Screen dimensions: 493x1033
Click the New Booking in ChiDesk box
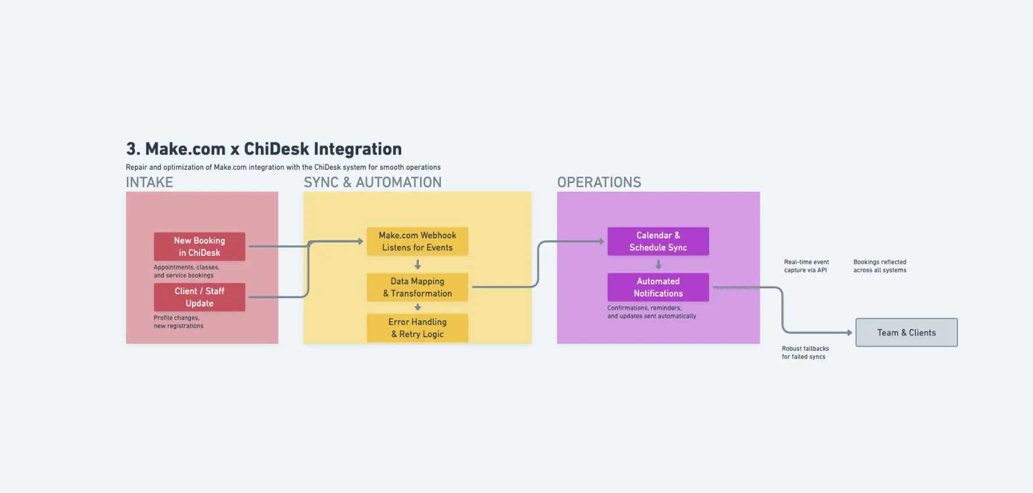pyautogui.click(x=199, y=246)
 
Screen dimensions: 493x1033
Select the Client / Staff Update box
pyautogui.click(x=199, y=297)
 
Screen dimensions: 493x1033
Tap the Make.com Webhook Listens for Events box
pyautogui.click(x=417, y=241)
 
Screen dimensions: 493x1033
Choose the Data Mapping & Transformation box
pyautogui.click(x=417, y=287)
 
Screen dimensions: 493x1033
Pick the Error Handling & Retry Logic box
pyautogui.click(x=417, y=328)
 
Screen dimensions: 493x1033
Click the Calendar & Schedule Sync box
pyautogui.click(x=658, y=241)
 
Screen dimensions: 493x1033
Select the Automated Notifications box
pyautogui.click(x=658, y=287)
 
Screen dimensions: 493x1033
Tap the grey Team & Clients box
pyautogui.click(x=906, y=333)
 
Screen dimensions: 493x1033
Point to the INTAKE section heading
pyautogui.click(x=149, y=183)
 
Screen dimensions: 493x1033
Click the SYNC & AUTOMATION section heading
pyautogui.click(x=372, y=183)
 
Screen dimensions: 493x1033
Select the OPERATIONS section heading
pyautogui.click(x=599, y=183)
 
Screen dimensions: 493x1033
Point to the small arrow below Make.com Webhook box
pyautogui.click(x=418, y=265)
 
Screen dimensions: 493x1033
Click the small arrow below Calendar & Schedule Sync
pyautogui.click(x=658, y=265)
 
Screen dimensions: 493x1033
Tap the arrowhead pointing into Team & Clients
pyautogui.click(x=849, y=333)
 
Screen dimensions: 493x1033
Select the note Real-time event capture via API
pyautogui.click(x=806, y=266)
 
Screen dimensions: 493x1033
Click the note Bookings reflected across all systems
pyautogui.click(x=879, y=266)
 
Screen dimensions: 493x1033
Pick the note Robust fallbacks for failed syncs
pyautogui.click(x=805, y=353)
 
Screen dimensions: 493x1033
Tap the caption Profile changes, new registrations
pyautogui.click(x=178, y=322)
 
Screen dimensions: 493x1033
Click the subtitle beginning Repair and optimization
pyautogui.click(x=283, y=167)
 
